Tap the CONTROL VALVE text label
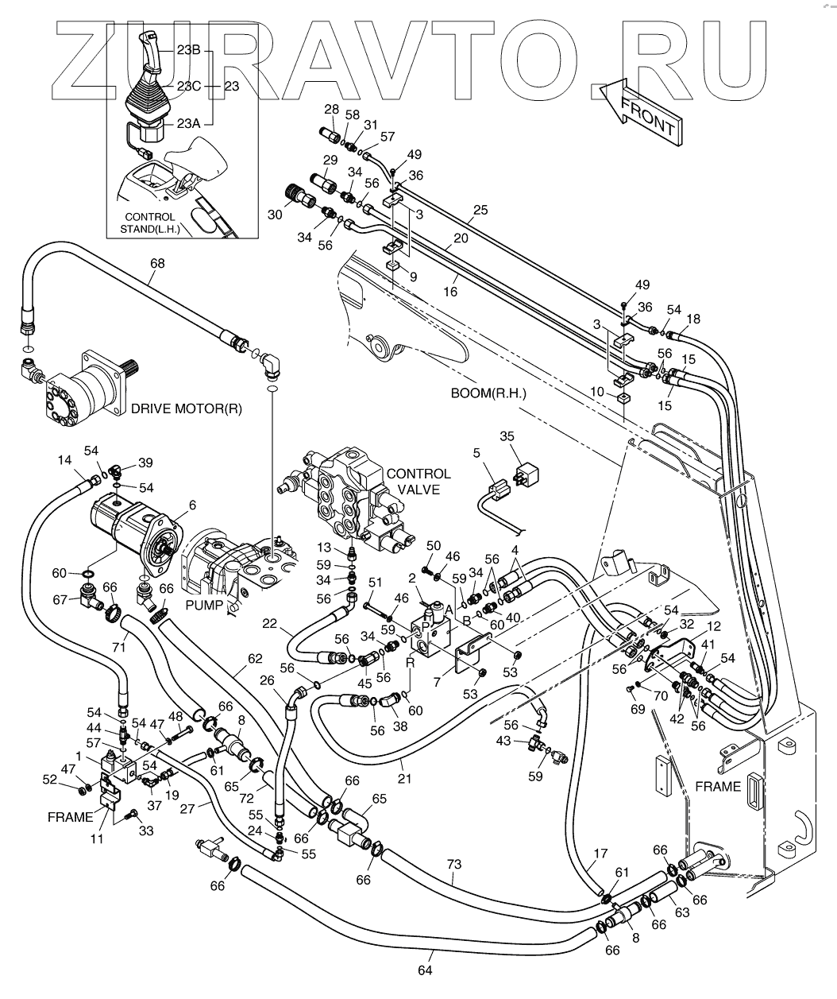click(x=418, y=482)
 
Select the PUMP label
click(x=204, y=605)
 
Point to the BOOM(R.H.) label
click(x=488, y=393)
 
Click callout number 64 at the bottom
click(x=425, y=970)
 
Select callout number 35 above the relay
click(x=509, y=436)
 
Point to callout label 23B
click(x=188, y=49)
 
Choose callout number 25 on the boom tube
click(x=480, y=211)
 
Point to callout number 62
click(x=254, y=659)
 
